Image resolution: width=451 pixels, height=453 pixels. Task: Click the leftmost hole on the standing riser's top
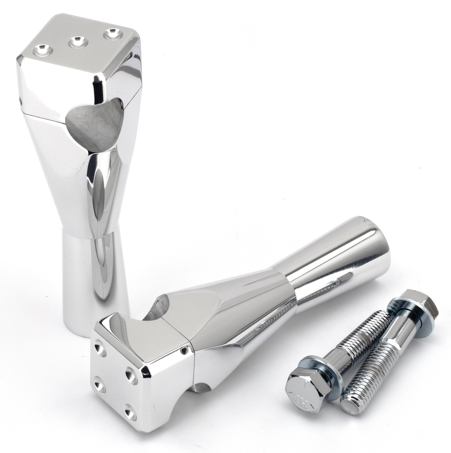click(x=43, y=50)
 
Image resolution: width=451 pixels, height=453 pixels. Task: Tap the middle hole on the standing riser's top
click(x=78, y=42)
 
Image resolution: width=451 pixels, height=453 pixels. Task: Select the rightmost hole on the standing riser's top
click(x=113, y=34)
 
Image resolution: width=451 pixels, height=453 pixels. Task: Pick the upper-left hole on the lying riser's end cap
click(x=100, y=350)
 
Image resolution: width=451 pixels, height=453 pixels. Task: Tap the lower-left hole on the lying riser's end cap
click(x=100, y=386)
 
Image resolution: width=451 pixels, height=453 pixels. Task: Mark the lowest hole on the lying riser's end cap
click(x=130, y=412)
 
